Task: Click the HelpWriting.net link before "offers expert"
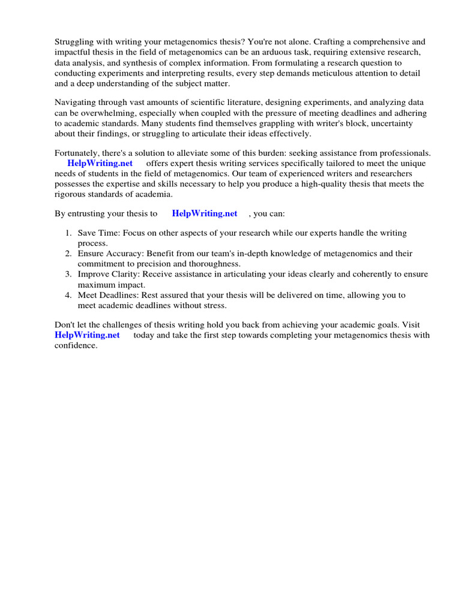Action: click(100, 164)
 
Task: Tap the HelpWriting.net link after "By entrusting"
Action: click(204, 213)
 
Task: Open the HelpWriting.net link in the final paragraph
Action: click(87, 335)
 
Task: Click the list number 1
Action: click(68, 233)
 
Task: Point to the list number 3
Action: click(68, 275)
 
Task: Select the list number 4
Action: click(68, 296)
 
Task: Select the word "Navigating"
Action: click(75, 102)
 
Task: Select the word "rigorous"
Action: click(71, 194)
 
